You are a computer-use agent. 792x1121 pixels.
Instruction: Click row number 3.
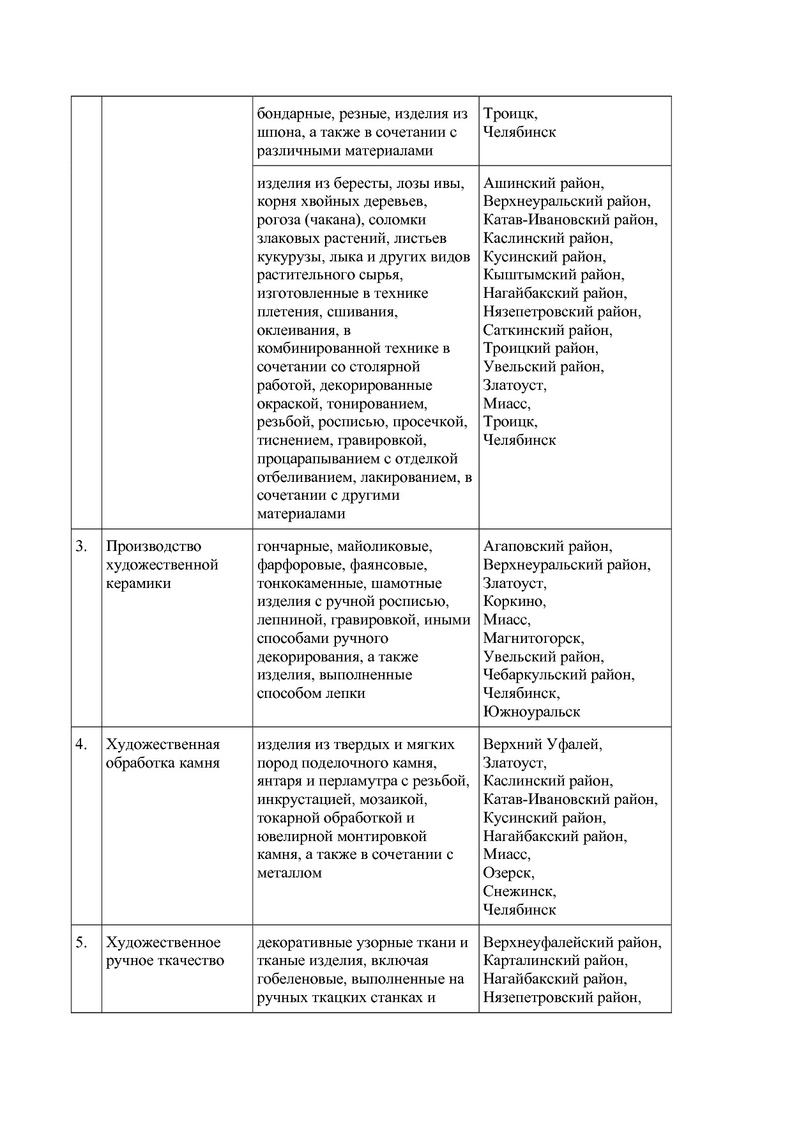pyautogui.click(x=81, y=546)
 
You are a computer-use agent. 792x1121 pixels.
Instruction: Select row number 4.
pyautogui.click(x=81, y=745)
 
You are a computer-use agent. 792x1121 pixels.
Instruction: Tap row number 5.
pyautogui.click(x=81, y=943)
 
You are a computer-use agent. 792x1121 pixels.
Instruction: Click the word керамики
pyautogui.click(x=139, y=584)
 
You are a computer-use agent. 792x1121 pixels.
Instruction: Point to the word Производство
pyautogui.click(x=153, y=546)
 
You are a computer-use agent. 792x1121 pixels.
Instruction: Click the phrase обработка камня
pyautogui.click(x=162, y=763)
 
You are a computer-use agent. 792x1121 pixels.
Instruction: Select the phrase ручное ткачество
pyautogui.click(x=165, y=961)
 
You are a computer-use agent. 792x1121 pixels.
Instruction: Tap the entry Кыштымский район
pyautogui.click(x=554, y=275)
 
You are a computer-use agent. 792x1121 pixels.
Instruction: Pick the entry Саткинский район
pyautogui.click(x=547, y=330)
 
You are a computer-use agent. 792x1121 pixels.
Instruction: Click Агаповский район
pyautogui.click(x=547, y=546)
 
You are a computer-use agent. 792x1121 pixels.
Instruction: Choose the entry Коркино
pyautogui.click(x=514, y=601)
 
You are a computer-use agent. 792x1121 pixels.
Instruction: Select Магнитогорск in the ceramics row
pyautogui.click(x=533, y=638)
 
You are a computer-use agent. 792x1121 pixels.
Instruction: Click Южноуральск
pyautogui.click(x=531, y=712)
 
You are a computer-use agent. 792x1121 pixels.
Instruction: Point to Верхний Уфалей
pyautogui.click(x=542, y=745)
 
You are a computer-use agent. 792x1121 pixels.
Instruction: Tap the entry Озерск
pyautogui.click(x=508, y=873)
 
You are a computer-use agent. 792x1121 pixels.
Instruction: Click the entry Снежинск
pyautogui.click(x=519, y=892)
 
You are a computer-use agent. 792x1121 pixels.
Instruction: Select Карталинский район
pyautogui.click(x=555, y=961)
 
